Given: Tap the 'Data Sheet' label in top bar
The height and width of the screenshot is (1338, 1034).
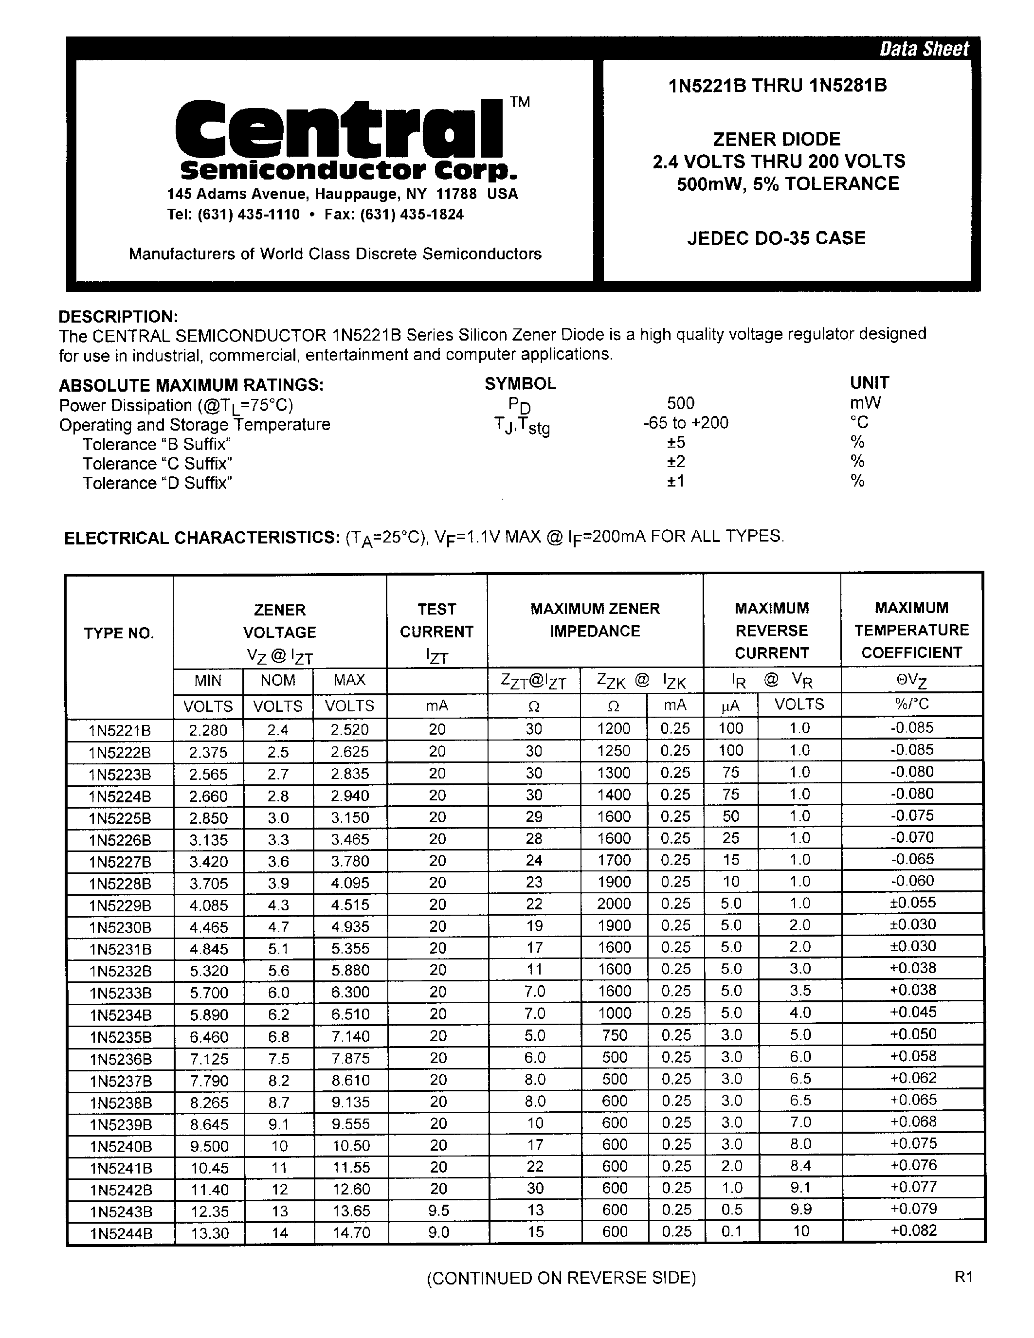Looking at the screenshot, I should click(924, 49).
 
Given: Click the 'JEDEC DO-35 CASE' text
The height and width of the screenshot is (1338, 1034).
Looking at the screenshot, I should click(776, 238).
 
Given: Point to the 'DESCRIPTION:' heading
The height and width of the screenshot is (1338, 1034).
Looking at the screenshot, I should click(118, 317).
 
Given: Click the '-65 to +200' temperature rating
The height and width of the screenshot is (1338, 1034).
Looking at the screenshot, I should click(681, 423).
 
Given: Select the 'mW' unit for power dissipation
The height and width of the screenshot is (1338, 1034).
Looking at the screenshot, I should click(865, 403).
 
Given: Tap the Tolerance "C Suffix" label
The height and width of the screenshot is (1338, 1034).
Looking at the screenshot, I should click(158, 464).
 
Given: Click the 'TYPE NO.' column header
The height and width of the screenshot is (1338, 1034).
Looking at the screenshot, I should click(119, 633).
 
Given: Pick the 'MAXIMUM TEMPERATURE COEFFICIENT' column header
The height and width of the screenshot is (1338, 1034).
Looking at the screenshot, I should click(911, 631).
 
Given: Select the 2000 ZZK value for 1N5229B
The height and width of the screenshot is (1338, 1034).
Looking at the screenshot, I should click(614, 904).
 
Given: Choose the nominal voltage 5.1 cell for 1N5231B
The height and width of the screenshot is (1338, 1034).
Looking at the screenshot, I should click(278, 948).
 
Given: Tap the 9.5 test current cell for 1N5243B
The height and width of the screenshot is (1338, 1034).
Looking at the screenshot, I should click(438, 1210).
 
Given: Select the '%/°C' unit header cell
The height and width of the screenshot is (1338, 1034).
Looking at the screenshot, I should click(911, 704).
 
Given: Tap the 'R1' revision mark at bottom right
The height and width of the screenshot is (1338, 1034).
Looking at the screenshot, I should click(963, 1277).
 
